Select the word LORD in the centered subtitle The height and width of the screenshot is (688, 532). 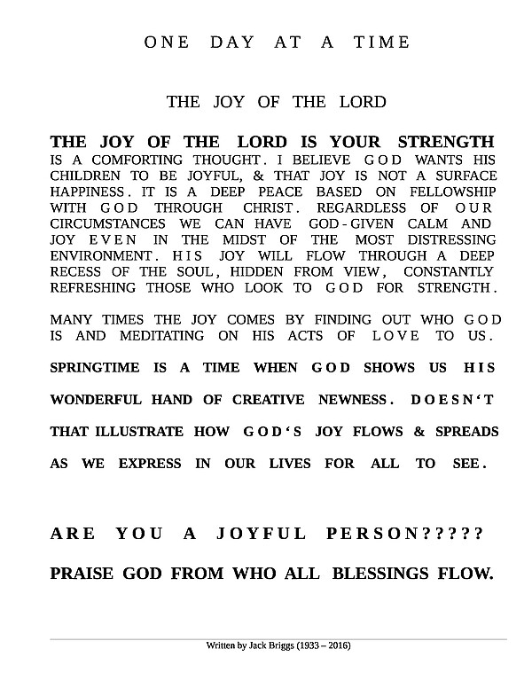tap(363, 102)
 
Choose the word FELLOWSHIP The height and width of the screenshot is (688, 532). tap(442, 192)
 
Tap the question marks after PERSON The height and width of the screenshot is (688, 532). tap(453, 534)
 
